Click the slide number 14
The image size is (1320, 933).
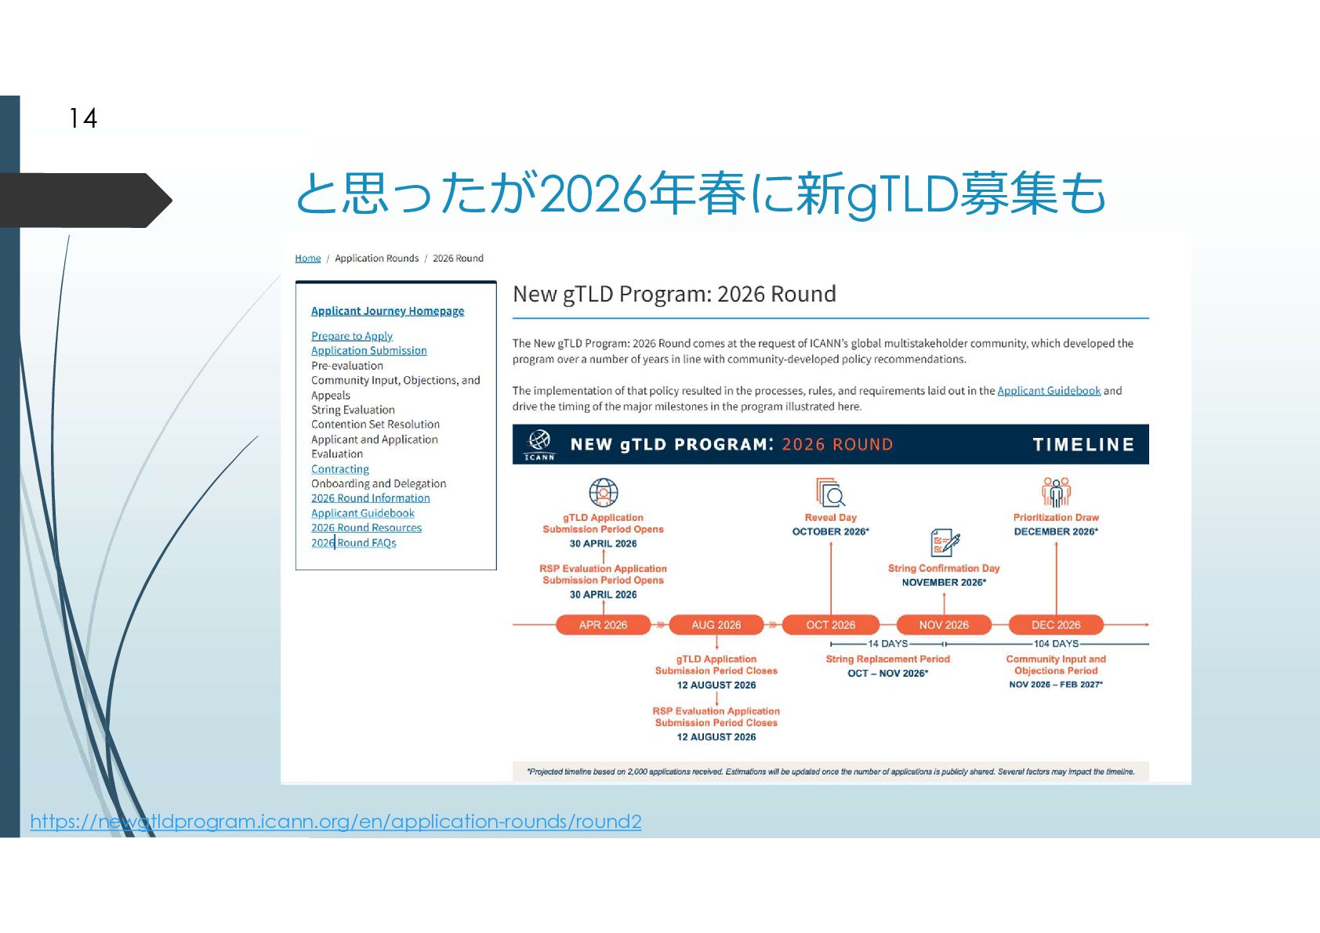83,118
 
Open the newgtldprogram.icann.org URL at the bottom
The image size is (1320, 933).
335,821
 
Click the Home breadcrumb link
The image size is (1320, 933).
308,259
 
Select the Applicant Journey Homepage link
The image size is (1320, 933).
387,311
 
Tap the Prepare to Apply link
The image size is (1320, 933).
352,336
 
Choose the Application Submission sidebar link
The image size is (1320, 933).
369,351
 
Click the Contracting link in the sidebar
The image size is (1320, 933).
340,469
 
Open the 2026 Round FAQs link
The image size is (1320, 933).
354,543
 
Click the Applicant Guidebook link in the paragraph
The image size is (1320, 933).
1049,391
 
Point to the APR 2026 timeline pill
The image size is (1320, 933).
603,625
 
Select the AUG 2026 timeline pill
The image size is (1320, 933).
716,625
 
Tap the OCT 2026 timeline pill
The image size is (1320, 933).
831,625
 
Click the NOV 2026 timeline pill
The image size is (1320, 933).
944,625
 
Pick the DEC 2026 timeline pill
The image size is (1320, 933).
1056,625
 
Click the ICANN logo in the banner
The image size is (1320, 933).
539,444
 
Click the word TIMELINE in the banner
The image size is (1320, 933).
1083,445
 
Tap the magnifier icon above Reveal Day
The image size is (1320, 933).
831,493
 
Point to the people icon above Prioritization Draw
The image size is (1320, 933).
1056,492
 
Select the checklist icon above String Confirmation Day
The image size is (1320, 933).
945,542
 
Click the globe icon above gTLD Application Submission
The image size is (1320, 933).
604,493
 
